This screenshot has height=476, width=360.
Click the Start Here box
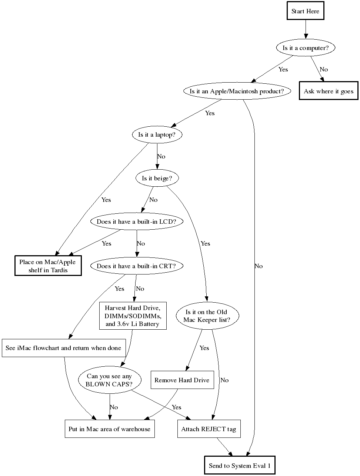pyautogui.click(x=305, y=11)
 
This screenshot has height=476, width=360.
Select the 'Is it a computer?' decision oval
pyautogui.click(x=306, y=48)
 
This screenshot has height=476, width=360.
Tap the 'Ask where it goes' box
pyautogui.click(x=329, y=91)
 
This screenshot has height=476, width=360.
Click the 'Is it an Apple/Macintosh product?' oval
pyautogui.click(x=237, y=91)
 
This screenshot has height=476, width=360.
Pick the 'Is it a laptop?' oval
pyautogui.click(x=157, y=135)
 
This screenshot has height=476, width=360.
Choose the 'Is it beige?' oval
pyautogui.click(x=157, y=178)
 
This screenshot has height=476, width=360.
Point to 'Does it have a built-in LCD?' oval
pyautogui.click(x=136, y=222)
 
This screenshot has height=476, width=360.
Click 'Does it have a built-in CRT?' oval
pyautogui.click(x=136, y=266)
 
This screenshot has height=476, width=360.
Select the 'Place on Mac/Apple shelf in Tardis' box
pyautogui.click(x=48, y=266)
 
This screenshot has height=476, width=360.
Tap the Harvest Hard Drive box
pyautogui.click(x=133, y=316)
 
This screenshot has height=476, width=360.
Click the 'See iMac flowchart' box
pyautogui.click(x=63, y=348)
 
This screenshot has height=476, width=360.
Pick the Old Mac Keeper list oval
pyautogui.click(x=207, y=316)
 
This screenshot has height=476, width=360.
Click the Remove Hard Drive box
pyautogui.click(x=182, y=380)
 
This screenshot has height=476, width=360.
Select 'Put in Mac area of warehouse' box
pyautogui.click(x=109, y=429)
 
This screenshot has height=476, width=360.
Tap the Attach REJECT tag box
pyautogui.click(x=209, y=429)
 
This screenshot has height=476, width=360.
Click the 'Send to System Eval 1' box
pyautogui.click(x=240, y=466)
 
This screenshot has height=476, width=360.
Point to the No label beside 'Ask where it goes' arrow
pyautogui.click(x=324, y=69)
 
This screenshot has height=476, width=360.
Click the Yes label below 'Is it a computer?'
pyautogui.click(x=283, y=69)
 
